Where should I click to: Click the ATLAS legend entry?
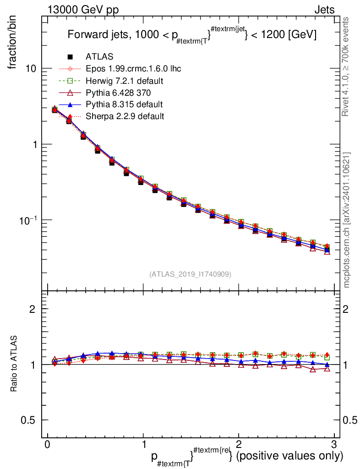(x=99, y=57)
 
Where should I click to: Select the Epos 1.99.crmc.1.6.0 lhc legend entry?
(x=133, y=69)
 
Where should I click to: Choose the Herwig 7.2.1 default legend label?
(x=125, y=81)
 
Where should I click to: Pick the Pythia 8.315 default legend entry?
(x=124, y=104)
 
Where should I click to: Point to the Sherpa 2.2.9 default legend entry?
(x=125, y=116)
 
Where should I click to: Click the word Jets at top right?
(x=324, y=10)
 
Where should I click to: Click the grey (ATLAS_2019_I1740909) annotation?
(x=190, y=274)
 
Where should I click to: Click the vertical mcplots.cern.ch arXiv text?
(x=347, y=220)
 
